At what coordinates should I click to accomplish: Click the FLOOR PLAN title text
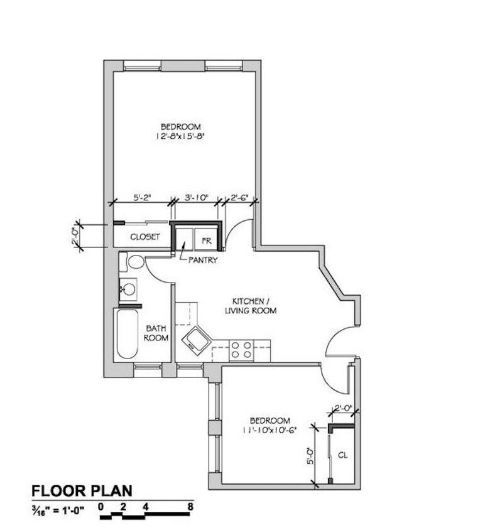tap(82, 490)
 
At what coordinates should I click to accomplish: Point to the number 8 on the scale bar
tap(190, 506)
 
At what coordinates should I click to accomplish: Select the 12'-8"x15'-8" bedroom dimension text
tap(181, 136)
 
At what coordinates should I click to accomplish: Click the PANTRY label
tap(203, 259)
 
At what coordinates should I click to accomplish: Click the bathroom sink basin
tap(129, 289)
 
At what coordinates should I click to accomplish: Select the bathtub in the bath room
tap(127, 333)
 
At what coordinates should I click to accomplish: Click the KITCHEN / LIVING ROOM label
tap(251, 305)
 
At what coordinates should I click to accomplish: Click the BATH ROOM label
tap(156, 333)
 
